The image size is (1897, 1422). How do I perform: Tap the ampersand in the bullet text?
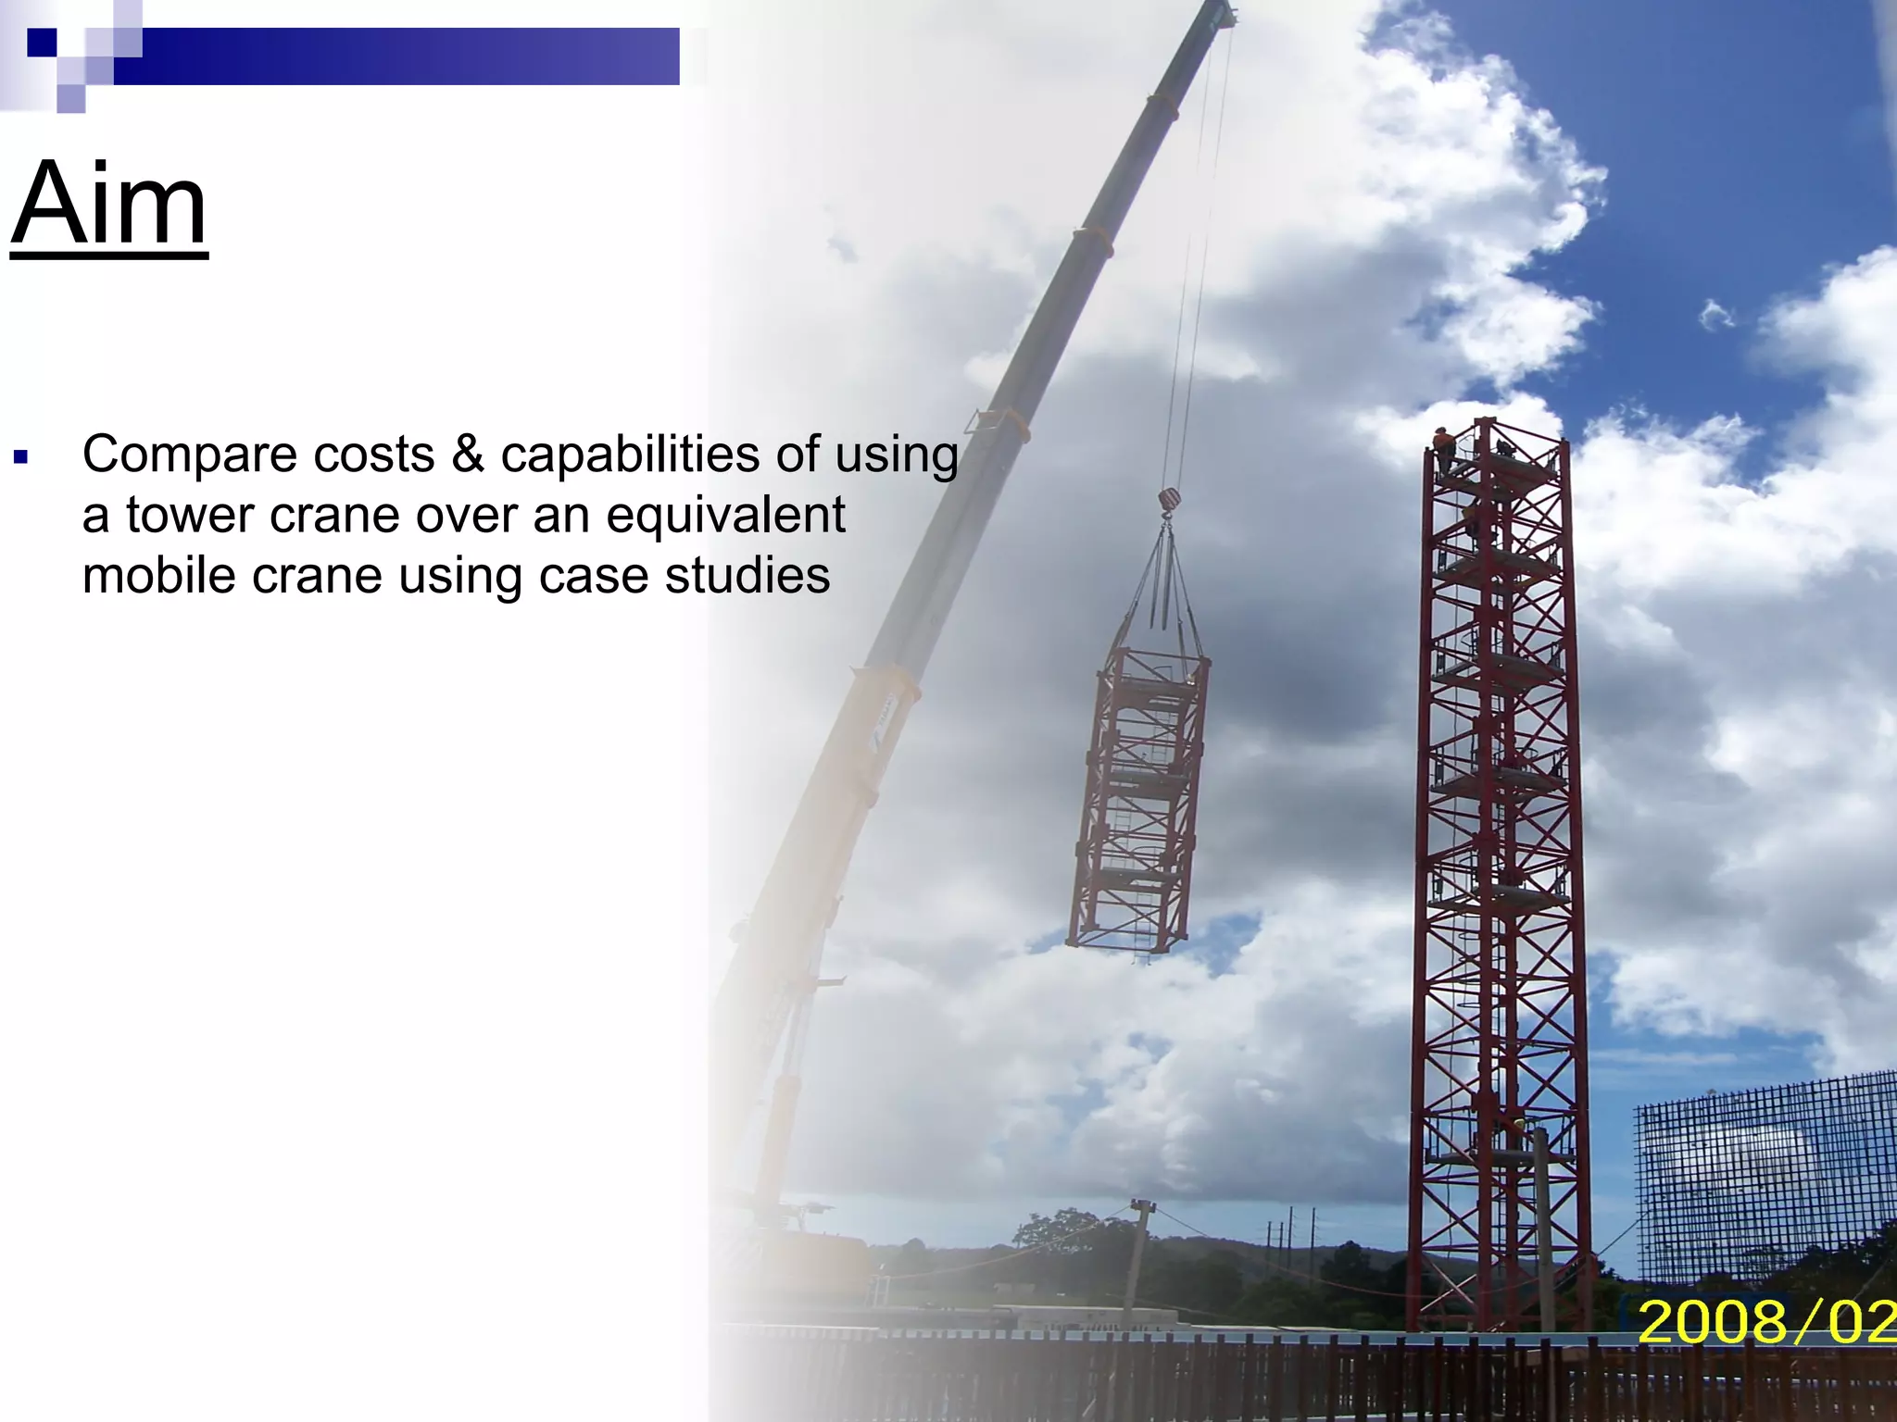click(x=467, y=455)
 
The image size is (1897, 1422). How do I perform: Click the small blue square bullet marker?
click(x=21, y=456)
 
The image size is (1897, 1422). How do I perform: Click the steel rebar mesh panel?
click(x=1765, y=1176)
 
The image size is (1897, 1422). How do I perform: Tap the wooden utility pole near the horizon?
click(x=1137, y=1250)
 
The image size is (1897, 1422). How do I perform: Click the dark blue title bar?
click(x=398, y=56)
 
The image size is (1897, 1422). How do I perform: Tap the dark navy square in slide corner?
click(x=42, y=43)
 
